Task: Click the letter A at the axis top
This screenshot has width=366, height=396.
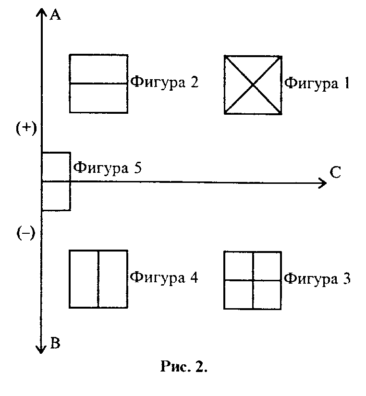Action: click(x=56, y=15)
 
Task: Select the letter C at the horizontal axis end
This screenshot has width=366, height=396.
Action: click(x=336, y=172)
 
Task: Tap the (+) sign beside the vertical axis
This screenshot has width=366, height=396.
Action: click(x=23, y=129)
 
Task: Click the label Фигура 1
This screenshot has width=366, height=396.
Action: click(x=317, y=83)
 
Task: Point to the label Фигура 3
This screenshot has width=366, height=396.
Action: click(x=317, y=278)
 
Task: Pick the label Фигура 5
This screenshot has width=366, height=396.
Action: click(x=107, y=168)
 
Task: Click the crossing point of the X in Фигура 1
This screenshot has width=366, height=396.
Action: click(x=253, y=84)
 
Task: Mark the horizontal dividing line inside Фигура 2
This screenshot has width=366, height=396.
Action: click(x=98, y=84)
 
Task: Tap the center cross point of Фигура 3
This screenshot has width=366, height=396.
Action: click(x=253, y=280)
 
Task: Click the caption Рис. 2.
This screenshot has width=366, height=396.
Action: click(x=183, y=368)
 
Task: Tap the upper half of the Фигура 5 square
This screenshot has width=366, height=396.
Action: click(x=56, y=167)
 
